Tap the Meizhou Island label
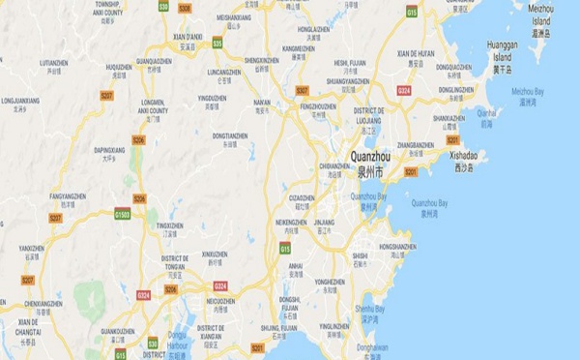541,14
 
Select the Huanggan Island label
504,49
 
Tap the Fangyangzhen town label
68,196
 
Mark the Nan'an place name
262,101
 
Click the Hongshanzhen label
397,247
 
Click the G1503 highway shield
123,213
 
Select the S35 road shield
217,44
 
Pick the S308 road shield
185,8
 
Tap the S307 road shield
302,90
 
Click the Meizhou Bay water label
530,90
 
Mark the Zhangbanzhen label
416,145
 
